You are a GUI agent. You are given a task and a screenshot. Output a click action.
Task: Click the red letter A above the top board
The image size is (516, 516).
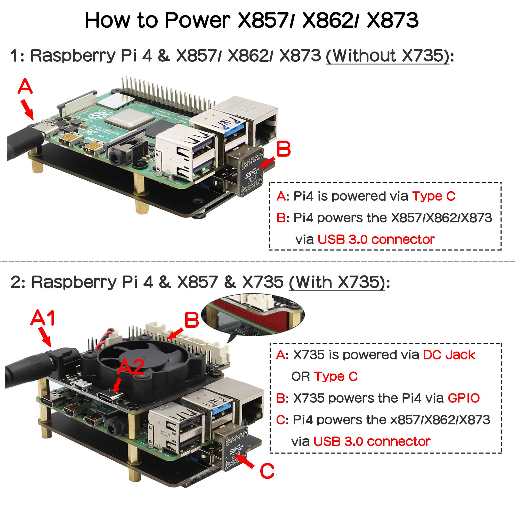25,86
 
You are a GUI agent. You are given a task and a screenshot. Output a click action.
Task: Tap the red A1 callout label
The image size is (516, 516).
43,318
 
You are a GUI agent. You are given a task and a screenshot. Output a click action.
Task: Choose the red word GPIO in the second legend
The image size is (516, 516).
464,398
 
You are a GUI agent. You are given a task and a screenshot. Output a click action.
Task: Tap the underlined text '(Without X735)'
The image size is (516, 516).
388,56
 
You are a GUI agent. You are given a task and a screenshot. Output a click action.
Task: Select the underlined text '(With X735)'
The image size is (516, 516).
337,282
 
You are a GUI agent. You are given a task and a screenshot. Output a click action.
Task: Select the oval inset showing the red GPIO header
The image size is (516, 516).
252,315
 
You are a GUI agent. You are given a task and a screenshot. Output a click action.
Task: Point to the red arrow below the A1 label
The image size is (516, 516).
45,337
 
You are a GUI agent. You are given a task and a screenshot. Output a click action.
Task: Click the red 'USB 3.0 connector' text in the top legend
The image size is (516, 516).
376,240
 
